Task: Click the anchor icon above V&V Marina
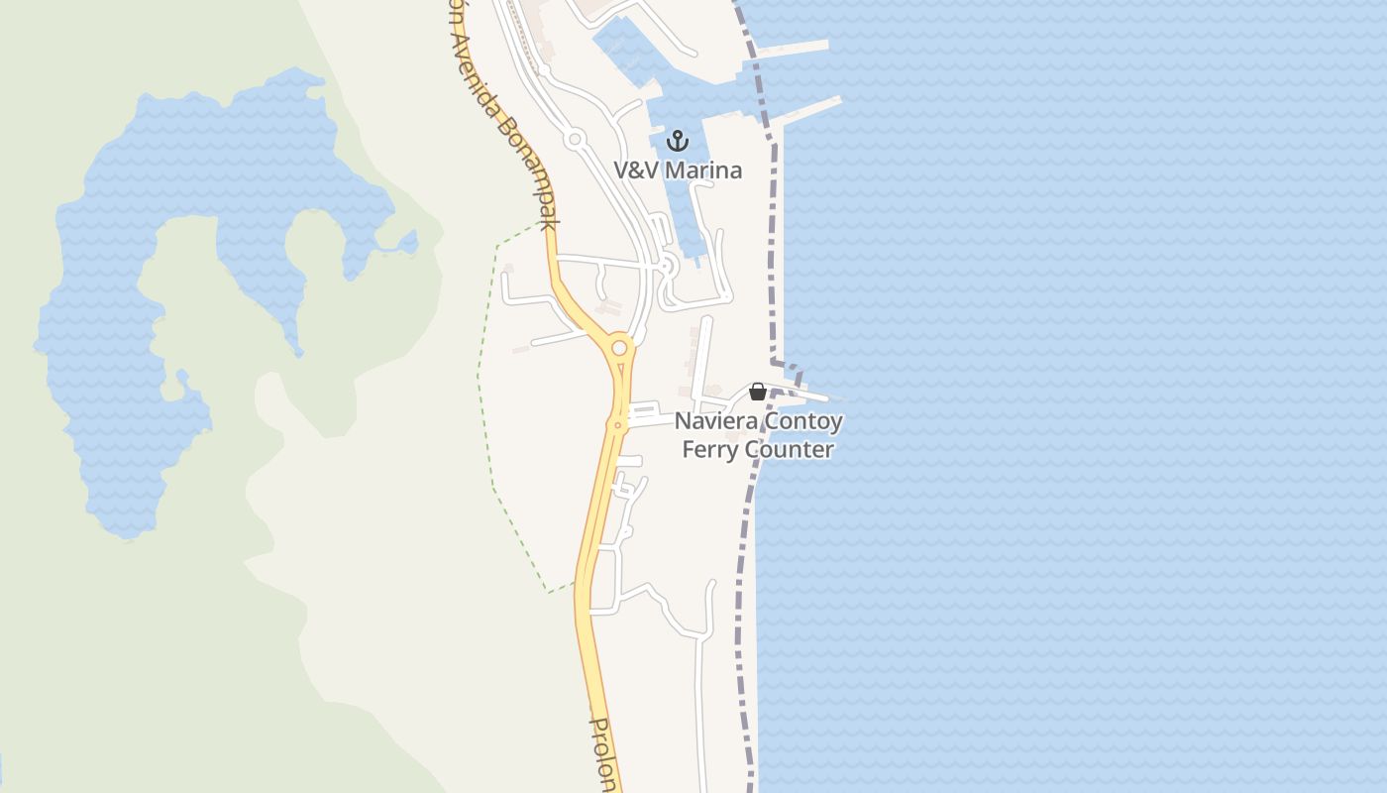[x=678, y=141]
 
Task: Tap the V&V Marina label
[x=678, y=170]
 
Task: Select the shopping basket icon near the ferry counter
[x=758, y=392]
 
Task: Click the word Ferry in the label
[x=710, y=450]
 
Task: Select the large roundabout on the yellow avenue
[x=620, y=348]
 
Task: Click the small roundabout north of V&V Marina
[x=574, y=139]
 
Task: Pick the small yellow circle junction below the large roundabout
[x=617, y=425]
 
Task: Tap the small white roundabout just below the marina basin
[x=667, y=265]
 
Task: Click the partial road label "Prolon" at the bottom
[x=604, y=753]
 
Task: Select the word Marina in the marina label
[x=703, y=170]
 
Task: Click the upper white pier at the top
[x=793, y=48]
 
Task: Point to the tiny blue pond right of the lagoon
[x=407, y=241]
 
